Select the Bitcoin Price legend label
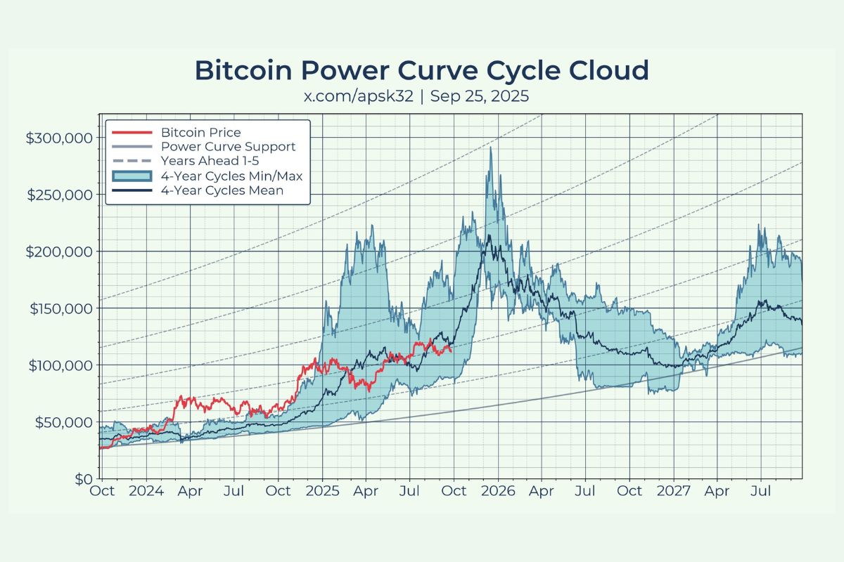tap(200, 132)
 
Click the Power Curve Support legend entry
tap(228, 147)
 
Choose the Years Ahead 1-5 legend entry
tap(209, 162)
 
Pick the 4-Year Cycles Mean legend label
tap(222, 190)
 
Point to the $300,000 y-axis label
tap(59, 138)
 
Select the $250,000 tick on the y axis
tap(59, 195)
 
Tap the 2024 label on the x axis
tap(147, 491)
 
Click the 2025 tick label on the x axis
tap(323, 491)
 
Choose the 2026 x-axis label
tap(497, 491)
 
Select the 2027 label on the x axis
tap(672, 491)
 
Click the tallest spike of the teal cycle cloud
tap(490, 148)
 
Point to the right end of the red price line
tap(451, 349)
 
